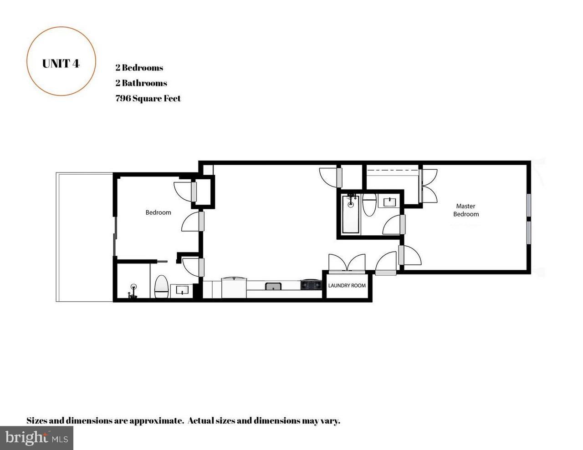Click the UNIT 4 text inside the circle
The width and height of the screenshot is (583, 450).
[61, 63]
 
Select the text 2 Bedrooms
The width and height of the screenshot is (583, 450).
[139, 68]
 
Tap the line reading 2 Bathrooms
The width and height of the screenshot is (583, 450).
[141, 83]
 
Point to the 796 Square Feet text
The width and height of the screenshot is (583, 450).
[148, 98]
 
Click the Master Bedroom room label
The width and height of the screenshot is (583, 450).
[465, 210]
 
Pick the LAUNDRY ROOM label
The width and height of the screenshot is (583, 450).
[347, 286]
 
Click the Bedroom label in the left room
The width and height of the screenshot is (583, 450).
[158, 212]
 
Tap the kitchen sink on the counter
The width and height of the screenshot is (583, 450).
[273, 286]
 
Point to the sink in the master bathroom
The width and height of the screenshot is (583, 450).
[390, 202]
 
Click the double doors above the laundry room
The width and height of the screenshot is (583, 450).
[347, 263]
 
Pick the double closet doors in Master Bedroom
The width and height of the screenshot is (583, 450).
[429, 186]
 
